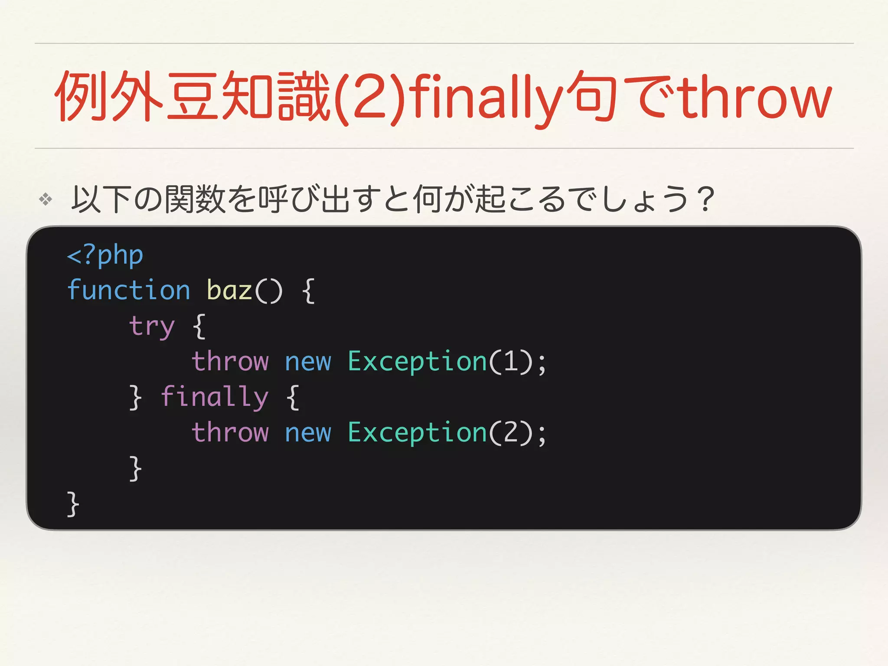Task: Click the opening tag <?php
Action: (105, 255)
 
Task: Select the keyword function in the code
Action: (129, 290)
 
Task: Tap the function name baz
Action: (229, 290)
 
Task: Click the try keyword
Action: (152, 326)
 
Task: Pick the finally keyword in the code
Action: (215, 397)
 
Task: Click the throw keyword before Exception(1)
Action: (230, 361)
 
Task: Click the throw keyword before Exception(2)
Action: (230, 432)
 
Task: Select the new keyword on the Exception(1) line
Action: (308, 362)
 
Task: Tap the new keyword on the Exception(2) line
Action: (308, 433)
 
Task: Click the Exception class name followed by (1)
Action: (418, 362)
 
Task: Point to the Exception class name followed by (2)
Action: (418, 433)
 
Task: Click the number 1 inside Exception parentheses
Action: (511, 361)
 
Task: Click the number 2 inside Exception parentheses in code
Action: (511, 432)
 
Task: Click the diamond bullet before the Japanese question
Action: (46, 199)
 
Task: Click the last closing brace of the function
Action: (73, 504)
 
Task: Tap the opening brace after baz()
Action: (308, 291)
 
